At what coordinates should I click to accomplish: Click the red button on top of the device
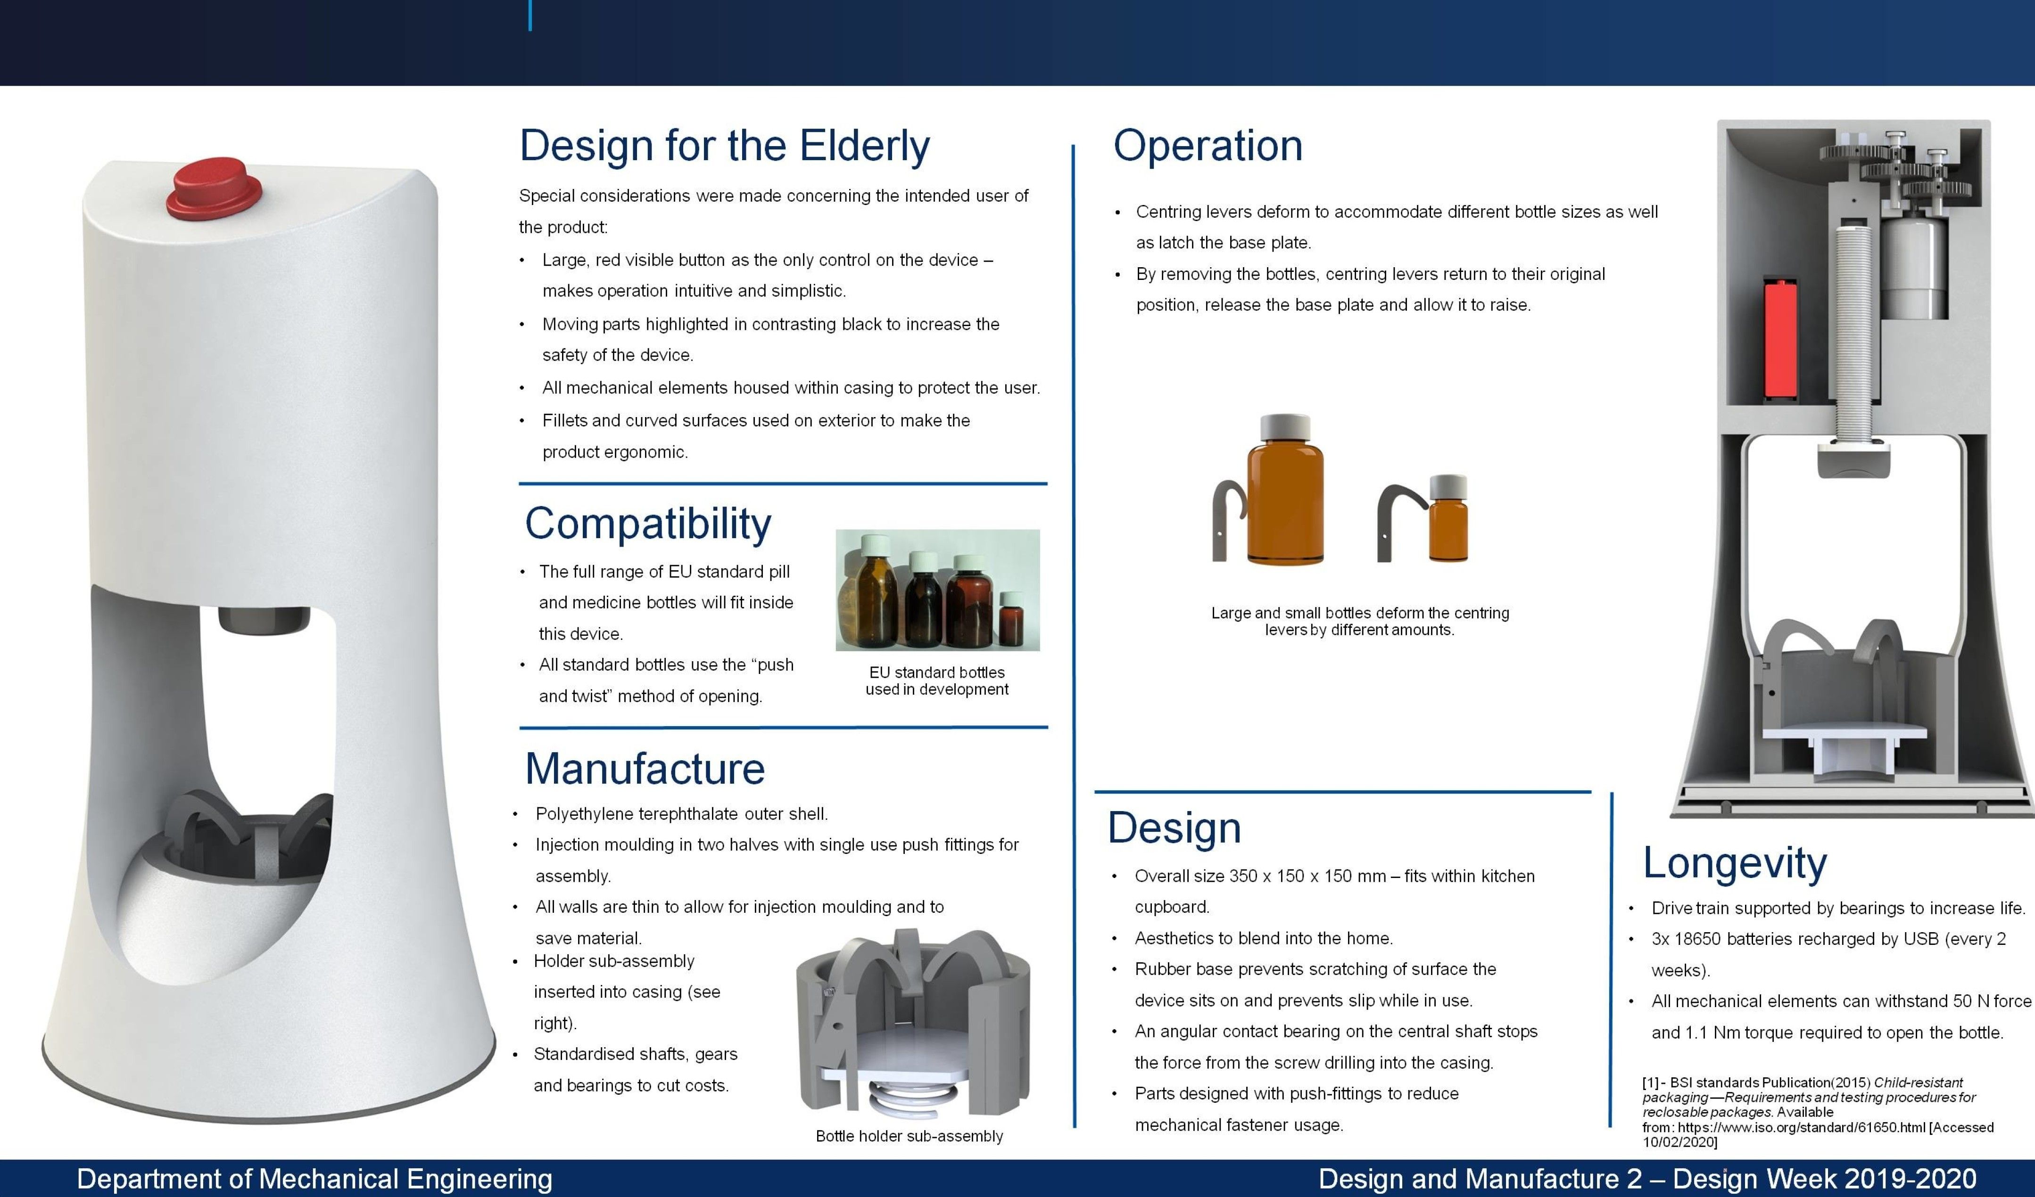tap(215, 188)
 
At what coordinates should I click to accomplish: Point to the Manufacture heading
tap(645, 769)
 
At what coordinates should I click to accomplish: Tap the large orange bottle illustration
tap(1285, 490)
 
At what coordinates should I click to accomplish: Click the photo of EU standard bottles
tap(937, 590)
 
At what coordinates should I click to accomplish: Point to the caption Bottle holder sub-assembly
tap(909, 1136)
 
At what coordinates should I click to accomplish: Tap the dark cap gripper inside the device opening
tap(264, 620)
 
